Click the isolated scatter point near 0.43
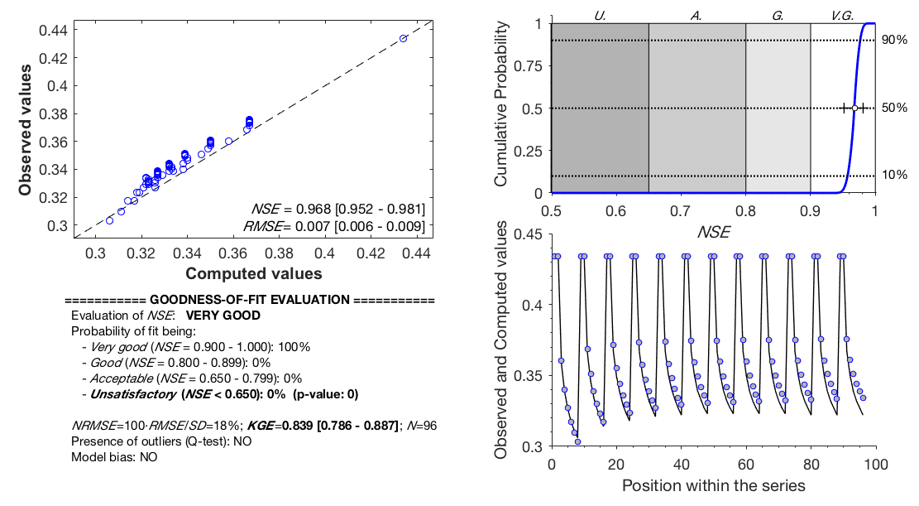[x=403, y=39]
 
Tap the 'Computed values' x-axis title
[x=253, y=273]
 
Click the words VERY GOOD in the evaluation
[x=223, y=316]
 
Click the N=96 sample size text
[x=420, y=426]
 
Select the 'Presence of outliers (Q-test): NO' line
[x=161, y=441]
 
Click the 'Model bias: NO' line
[x=114, y=456]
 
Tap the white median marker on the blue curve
[x=854, y=108]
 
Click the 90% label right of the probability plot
[x=894, y=40]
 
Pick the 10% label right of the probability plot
[x=894, y=176]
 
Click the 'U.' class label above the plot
[x=600, y=14]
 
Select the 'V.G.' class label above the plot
[x=842, y=14]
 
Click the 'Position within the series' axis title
[x=713, y=485]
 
